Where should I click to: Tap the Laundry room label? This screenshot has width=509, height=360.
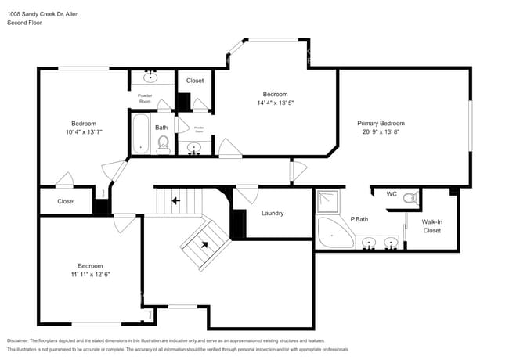(272, 213)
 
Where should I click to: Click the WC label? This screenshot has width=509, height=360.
(392, 195)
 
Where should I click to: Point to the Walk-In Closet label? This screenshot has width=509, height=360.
(431, 226)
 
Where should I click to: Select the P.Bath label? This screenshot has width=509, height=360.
(359, 220)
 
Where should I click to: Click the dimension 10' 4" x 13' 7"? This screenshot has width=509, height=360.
(84, 132)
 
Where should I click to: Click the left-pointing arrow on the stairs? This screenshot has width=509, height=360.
(175, 200)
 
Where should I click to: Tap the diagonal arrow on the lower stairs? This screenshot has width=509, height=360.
(205, 244)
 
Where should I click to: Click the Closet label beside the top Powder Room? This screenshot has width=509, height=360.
(195, 81)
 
